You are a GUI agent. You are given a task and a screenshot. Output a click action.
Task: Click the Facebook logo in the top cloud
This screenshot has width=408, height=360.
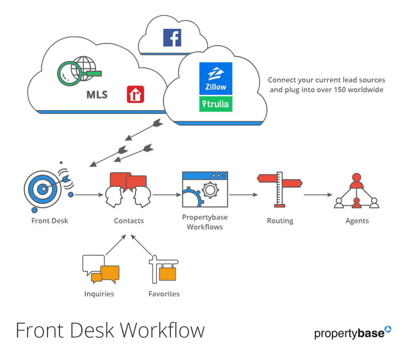point(172,38)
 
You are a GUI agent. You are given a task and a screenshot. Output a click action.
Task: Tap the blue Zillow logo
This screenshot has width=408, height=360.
point(216,78)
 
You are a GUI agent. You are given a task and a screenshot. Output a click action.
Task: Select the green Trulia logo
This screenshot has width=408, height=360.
point(216,104)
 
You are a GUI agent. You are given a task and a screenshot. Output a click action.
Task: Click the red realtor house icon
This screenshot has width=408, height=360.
point(135,94)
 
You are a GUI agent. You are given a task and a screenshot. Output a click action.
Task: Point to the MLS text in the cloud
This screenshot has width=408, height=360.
point(97,95)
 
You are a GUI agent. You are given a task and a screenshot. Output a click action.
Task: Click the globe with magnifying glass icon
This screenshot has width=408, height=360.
point(79,71)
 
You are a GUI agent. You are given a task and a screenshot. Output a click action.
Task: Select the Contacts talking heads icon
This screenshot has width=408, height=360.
point(128,190)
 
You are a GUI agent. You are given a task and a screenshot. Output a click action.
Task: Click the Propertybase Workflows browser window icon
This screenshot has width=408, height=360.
point(205,190)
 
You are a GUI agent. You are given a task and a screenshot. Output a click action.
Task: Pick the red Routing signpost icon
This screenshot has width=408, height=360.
point(280,190)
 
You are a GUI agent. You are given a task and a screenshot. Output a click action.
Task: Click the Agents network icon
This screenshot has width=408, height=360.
point(357,191)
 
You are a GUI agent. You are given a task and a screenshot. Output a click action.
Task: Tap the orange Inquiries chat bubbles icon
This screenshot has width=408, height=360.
point(101,269)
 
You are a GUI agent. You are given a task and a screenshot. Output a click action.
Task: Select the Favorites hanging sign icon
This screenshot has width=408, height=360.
point(164,269)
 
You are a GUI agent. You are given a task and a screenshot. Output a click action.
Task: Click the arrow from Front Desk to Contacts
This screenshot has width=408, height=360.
point(89,195)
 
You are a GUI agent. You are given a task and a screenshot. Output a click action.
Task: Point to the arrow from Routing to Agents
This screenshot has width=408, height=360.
point(318,195)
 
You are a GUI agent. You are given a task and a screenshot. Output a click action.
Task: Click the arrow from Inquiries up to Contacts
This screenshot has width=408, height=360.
point(116,245)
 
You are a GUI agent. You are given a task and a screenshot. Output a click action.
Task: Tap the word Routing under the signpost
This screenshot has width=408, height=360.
point(280,221)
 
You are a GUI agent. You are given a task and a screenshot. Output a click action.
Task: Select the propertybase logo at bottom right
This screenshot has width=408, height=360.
point(353,333)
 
